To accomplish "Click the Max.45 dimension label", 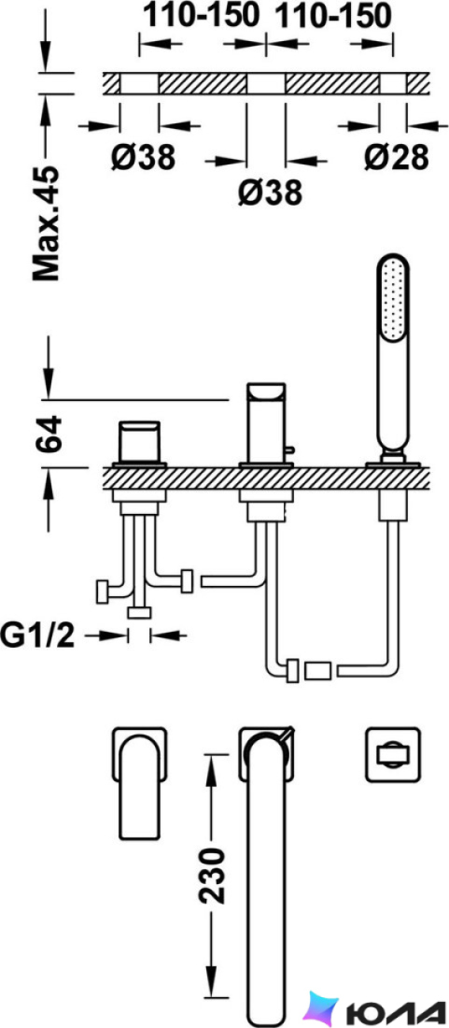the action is [x=47, y=223].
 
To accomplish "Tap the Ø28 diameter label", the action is [x=398, y=157].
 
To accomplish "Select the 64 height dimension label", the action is [x=48, y=433].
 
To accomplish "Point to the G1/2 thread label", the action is [x=38, y=635].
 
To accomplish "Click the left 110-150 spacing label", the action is [x=201, y=16].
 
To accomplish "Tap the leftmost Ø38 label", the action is [x=143, y=157].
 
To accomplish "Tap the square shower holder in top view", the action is [x=392, y=753].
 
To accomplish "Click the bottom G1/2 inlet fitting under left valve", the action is [x=139, y=613].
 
